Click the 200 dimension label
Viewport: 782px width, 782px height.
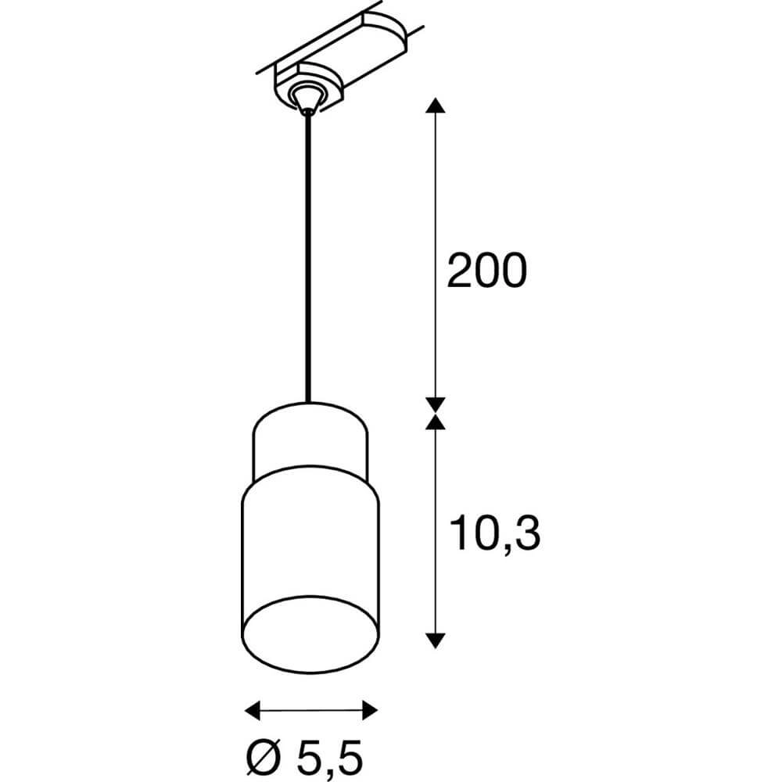click(x=486, y=271)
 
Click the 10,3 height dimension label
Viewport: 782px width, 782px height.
click(x=495, y=533)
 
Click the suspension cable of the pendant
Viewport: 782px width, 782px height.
click(x=310, y=258)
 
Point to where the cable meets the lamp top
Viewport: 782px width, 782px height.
click(x=310, y=403)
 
